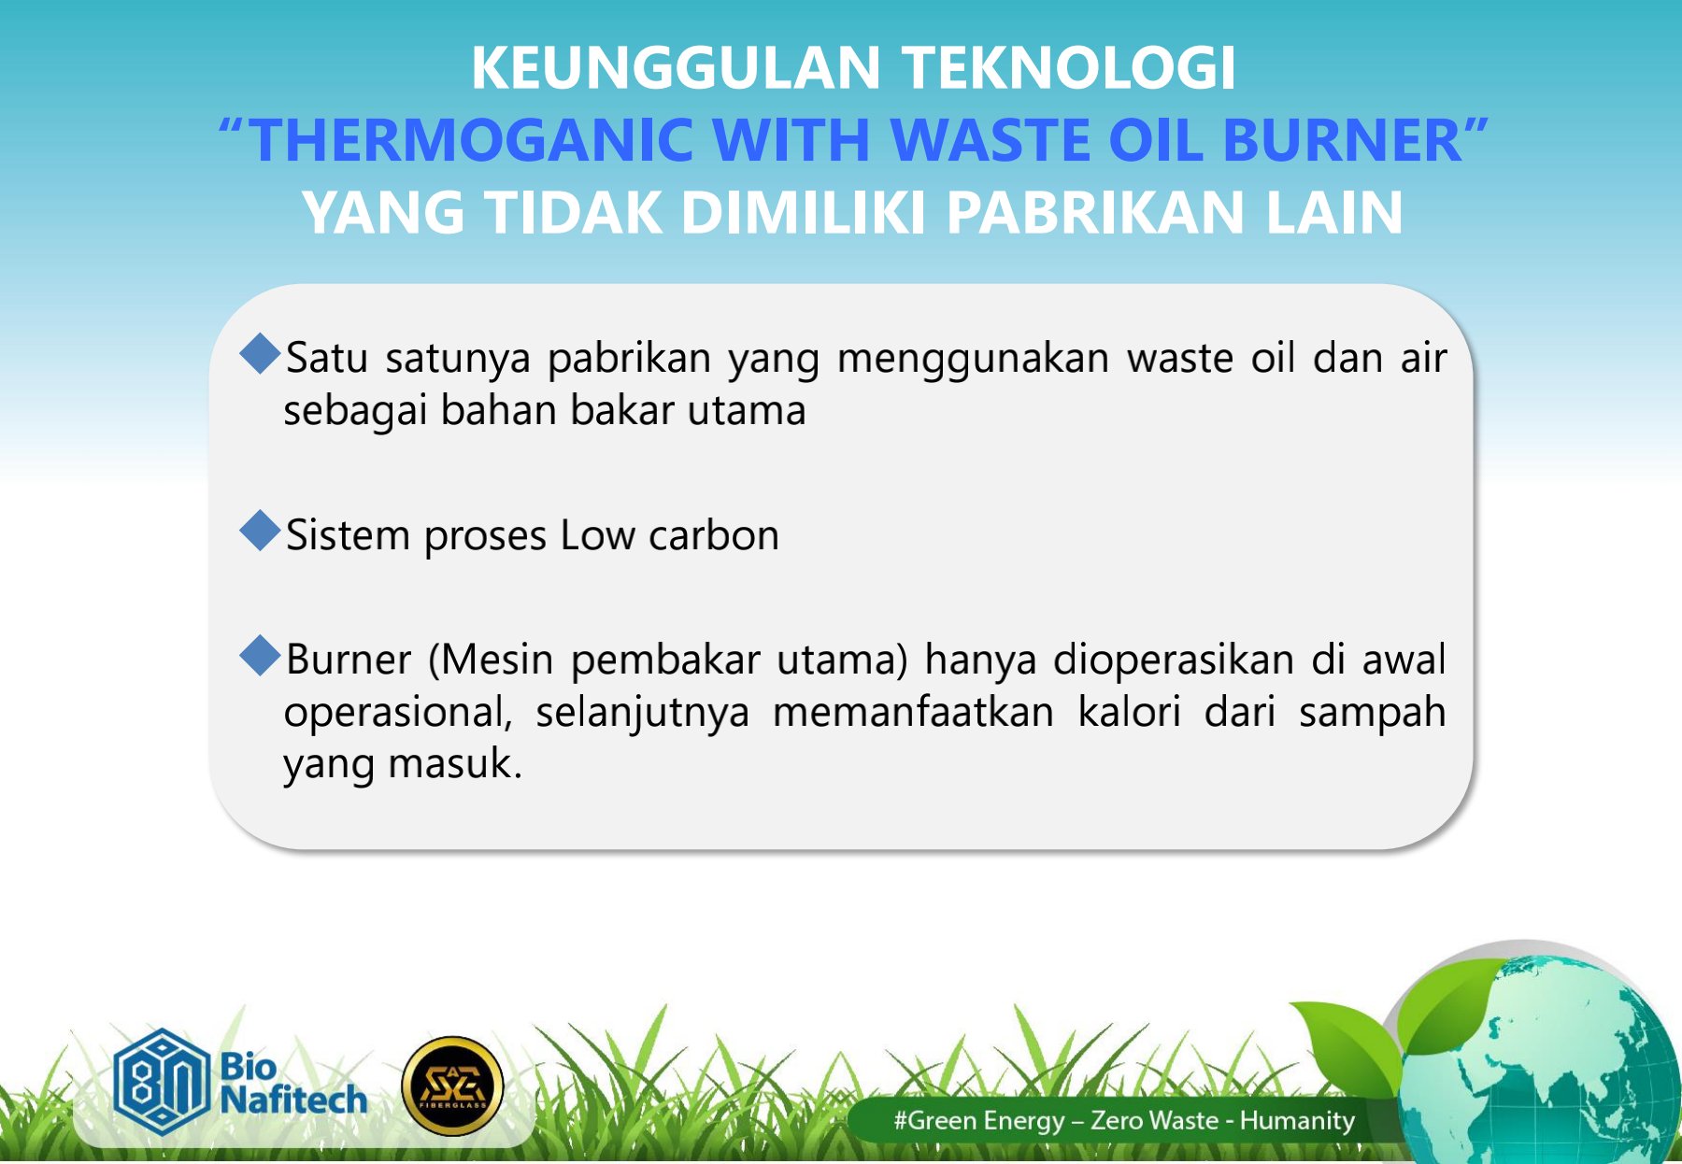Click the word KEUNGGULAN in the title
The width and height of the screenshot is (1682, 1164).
pyautogui.click(x=676, y=68)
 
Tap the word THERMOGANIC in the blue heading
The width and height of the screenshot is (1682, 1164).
pyautogui.click(x=472, y=140)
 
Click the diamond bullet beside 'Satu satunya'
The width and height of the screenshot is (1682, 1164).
pyautogui.click(x=260, y=355)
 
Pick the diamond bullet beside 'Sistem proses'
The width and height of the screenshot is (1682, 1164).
pyautogui.click(x=260, y=532)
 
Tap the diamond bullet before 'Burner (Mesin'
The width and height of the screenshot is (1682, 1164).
pyautogui.click(x=260, y=656)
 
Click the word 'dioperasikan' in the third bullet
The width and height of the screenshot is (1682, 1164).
pyautogui.click(x=1174, y=660)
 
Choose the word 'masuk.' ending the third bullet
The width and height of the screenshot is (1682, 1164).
pyautogui.click(x=455, y=764)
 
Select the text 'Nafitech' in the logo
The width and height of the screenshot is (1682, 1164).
pyautogui.click(x=293, y=1100)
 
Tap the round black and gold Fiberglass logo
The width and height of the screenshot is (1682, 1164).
pyautogui.click(x=452, y=1086)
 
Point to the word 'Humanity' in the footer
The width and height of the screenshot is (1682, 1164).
pyautogui.click(x=1297, y=1120)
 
